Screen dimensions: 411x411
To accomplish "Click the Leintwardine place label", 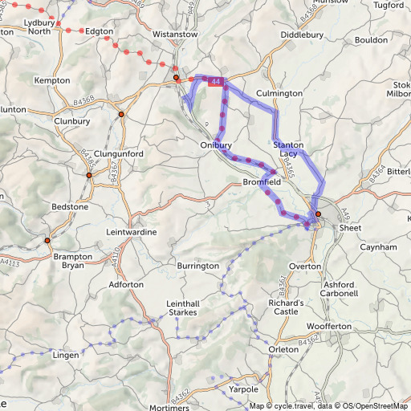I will [132, 232].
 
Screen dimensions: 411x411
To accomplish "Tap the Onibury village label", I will [216, 145].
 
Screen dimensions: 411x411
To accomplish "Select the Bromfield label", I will [261, 183].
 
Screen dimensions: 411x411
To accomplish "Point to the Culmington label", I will [279, 94].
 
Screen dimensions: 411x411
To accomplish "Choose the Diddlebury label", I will [302, 35].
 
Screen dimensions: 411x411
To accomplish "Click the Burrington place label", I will [198, 265].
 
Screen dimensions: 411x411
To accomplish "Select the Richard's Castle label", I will [287, 308].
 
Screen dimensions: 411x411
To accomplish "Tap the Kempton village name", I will [54, 80].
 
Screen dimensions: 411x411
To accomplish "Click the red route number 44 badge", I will [216, 82].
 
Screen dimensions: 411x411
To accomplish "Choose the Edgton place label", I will [100, 31].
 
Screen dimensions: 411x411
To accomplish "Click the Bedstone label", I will [70, 206].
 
